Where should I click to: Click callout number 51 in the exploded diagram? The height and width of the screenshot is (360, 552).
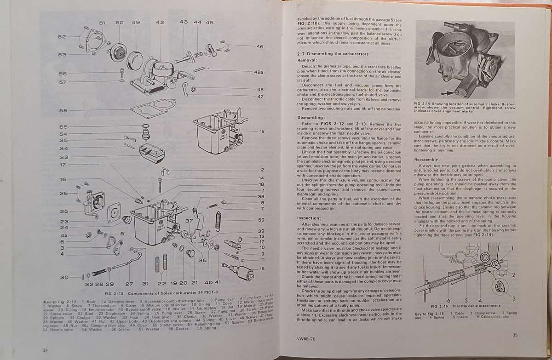(102, 23)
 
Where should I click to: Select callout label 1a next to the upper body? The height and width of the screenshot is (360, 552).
(262, 131)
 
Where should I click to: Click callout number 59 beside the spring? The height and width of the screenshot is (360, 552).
(261, 220)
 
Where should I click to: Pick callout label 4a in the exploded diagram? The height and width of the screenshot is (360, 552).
(63, 234)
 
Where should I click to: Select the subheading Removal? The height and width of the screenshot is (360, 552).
(307, 60)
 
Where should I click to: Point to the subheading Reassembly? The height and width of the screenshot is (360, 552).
(426, 159)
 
